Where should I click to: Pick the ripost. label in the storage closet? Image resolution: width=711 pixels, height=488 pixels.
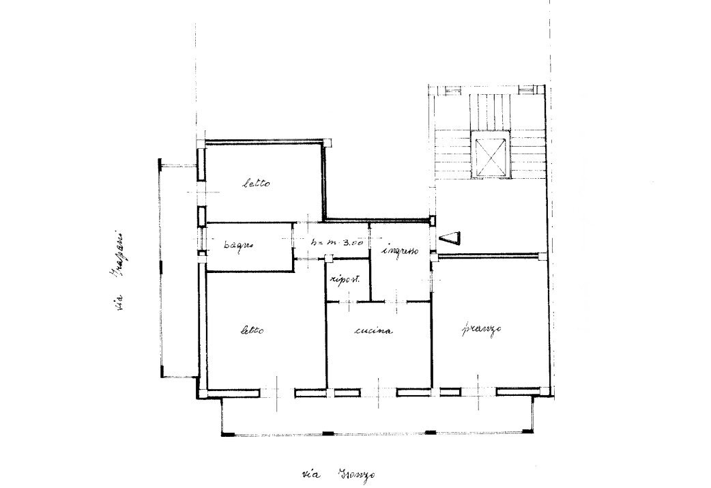tap(345, 279)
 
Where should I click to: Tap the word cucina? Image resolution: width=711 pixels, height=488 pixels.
tap(374, 332)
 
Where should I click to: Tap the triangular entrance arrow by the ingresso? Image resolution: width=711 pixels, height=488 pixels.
tap(452, 238)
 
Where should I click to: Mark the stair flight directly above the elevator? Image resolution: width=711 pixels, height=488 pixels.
tap(491, 109)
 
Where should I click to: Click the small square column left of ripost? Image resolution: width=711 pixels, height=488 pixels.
tap(328, 258)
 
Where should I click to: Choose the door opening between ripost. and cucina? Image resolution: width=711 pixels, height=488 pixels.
tap(347, 300)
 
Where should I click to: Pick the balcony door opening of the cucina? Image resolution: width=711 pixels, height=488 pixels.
tap(378, 392)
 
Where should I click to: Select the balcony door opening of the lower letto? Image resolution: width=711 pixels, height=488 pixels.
tap(277, 392)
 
